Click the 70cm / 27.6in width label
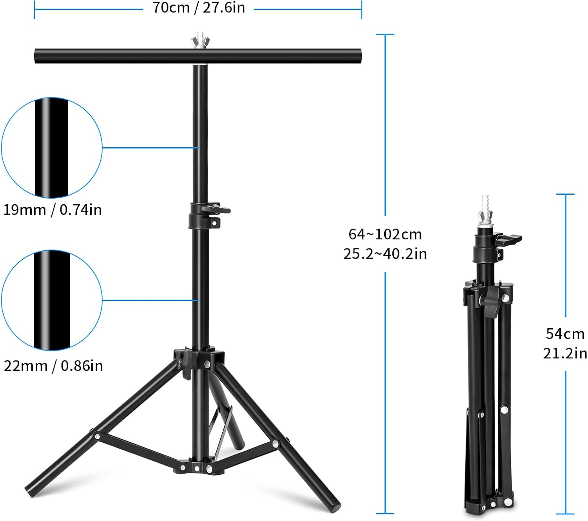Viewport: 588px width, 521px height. [198, 7]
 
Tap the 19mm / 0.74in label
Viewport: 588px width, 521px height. [53, 210]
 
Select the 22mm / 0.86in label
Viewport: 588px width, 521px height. [53, 366]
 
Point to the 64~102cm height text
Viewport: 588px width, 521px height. [385, 234]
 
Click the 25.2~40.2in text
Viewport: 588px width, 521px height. [385, 254]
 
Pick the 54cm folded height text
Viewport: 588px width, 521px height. [565, 334]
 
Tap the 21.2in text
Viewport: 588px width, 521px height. [565, 353]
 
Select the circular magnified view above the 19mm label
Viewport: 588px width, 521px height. [52, 148]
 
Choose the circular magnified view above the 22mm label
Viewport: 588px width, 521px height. [52, 300]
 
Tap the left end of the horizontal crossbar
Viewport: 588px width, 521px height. [38, 56]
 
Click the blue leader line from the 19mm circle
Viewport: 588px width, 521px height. [151, 148]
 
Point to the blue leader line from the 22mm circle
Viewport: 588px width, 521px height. [151, 300]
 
